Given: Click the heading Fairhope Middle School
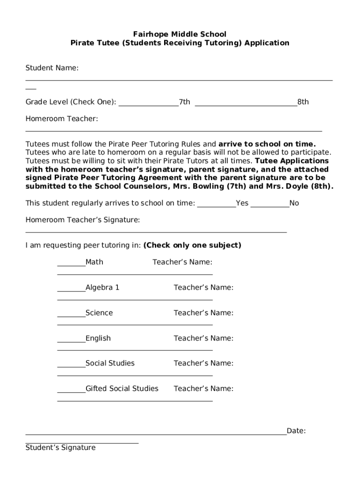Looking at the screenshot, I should [x=180, y=34].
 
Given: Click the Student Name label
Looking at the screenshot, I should [x=52, y=68].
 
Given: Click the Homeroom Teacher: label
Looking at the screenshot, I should [x=62, y=119].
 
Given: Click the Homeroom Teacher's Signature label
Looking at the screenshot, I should [x=82, y=220].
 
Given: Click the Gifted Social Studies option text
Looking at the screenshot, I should [x=122, y=388].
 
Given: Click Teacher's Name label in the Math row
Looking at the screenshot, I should [x=182, y=262].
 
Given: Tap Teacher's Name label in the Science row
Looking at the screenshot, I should [x=203, y=312].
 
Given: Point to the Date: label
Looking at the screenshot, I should [x=296, y=431].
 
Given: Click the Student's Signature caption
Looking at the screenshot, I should [x=60, y=448].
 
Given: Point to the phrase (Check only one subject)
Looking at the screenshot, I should [x=192, y=245].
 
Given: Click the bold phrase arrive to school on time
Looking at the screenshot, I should [x=267, y=144].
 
